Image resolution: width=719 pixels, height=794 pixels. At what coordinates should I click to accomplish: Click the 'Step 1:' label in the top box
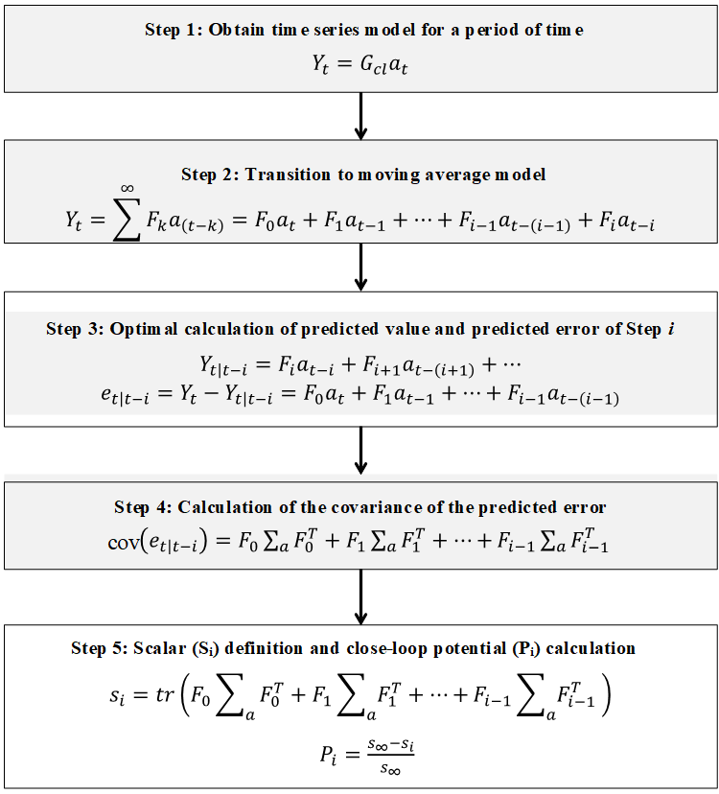pos(171,30)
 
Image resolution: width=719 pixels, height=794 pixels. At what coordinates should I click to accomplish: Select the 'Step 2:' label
pos(207,175)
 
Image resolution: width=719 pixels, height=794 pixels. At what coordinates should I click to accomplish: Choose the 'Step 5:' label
pos(98,648)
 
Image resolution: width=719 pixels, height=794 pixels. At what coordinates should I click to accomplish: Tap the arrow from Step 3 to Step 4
pos(360,451)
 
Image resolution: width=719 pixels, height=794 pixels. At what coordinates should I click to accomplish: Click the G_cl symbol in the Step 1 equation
pos(359,66)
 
